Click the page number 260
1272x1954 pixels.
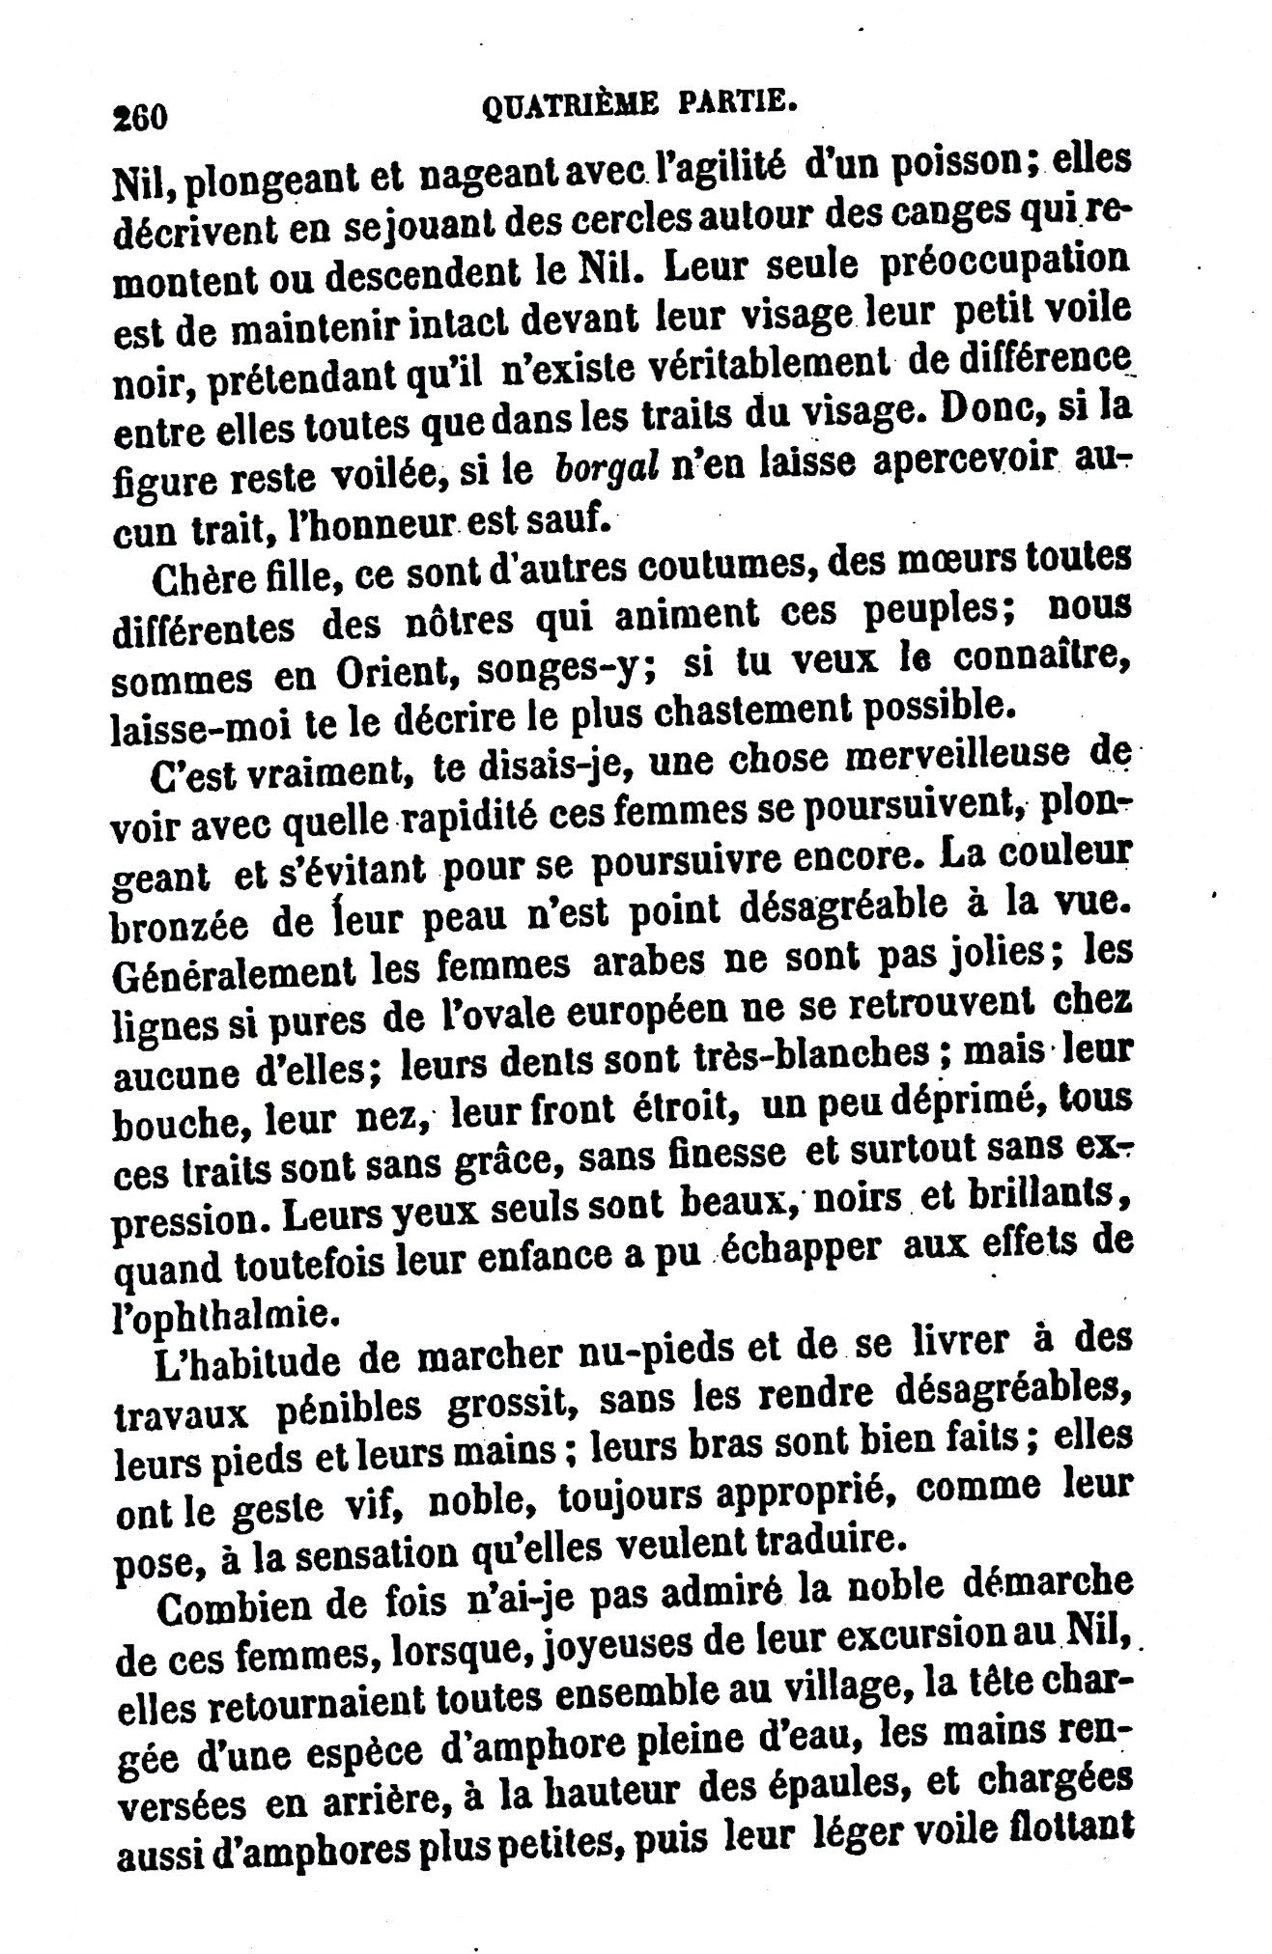tap(141, 116)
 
